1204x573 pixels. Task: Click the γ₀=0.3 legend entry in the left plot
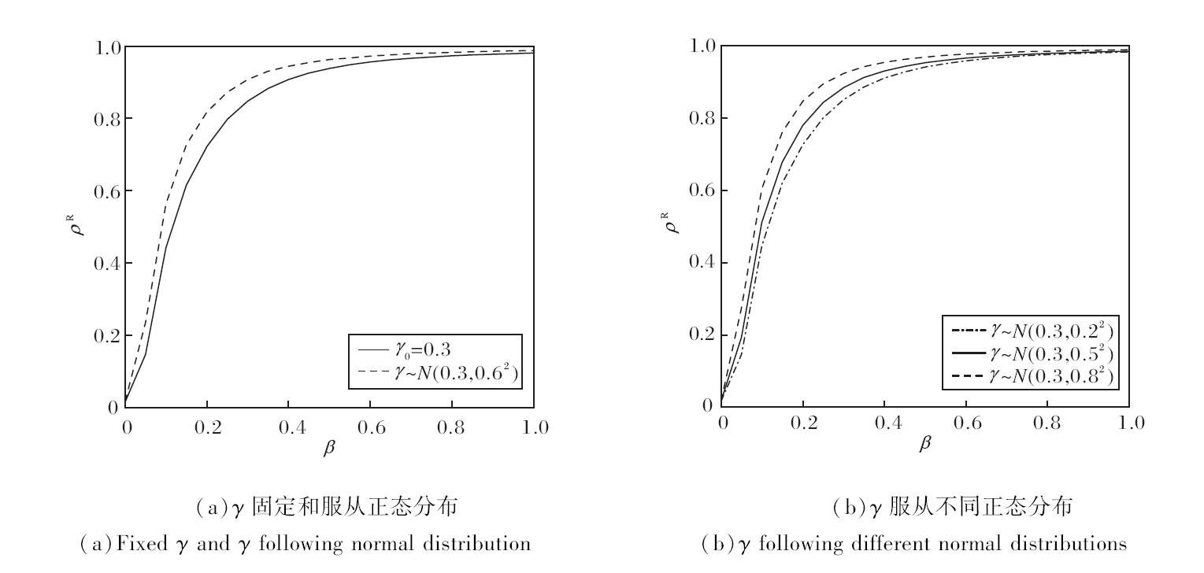point(435,349)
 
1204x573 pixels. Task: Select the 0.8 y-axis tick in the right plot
point(703,118)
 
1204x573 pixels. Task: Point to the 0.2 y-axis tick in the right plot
point(703,335)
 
